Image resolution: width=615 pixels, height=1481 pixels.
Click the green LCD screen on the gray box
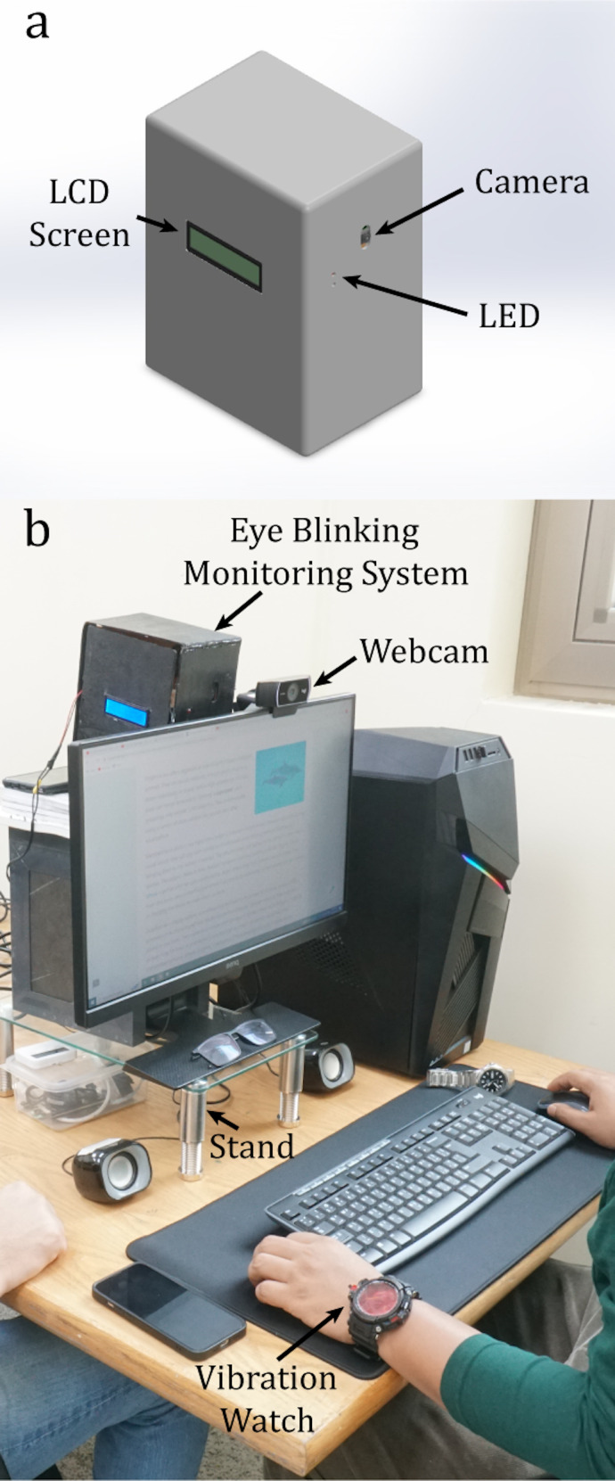[x=224, y=257]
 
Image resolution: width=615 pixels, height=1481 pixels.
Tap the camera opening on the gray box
[x=366, y=235]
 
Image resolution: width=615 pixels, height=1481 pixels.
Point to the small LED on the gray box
[x=334, y=279]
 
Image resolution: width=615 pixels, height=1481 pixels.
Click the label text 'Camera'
[x=531, y=182]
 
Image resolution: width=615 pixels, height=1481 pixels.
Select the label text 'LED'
[x=509, y=316]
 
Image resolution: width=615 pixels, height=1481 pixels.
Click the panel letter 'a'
[x=37, y=25]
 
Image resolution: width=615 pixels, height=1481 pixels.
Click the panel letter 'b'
[x=37, y=531]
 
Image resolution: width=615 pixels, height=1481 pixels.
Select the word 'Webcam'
[x=424, y=651]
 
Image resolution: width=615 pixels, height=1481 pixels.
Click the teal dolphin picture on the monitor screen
[x=280, y=777]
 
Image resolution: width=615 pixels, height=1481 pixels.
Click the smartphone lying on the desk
[x=168, y=1306]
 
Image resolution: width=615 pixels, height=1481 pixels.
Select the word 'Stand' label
[x=251, y=1146]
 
